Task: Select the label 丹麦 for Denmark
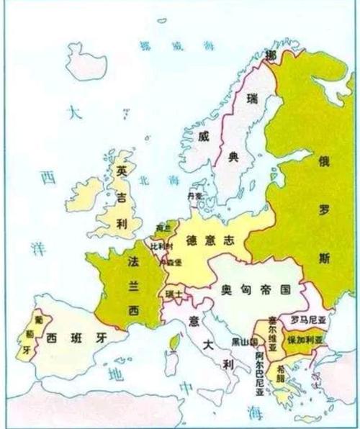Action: point(194,195)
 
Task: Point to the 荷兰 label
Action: point(162,228)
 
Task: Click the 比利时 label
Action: point(161,245)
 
